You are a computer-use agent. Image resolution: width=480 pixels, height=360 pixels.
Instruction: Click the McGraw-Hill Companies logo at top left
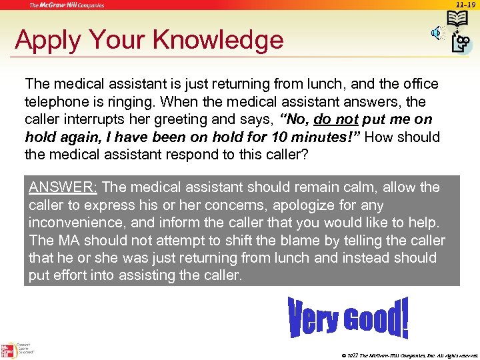(66, 5)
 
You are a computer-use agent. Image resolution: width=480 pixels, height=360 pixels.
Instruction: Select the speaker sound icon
(437, 32)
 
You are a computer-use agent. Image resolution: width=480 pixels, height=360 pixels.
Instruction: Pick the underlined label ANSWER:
(63, 187)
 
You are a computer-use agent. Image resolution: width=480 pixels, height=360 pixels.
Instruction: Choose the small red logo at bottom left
(9, 349)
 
